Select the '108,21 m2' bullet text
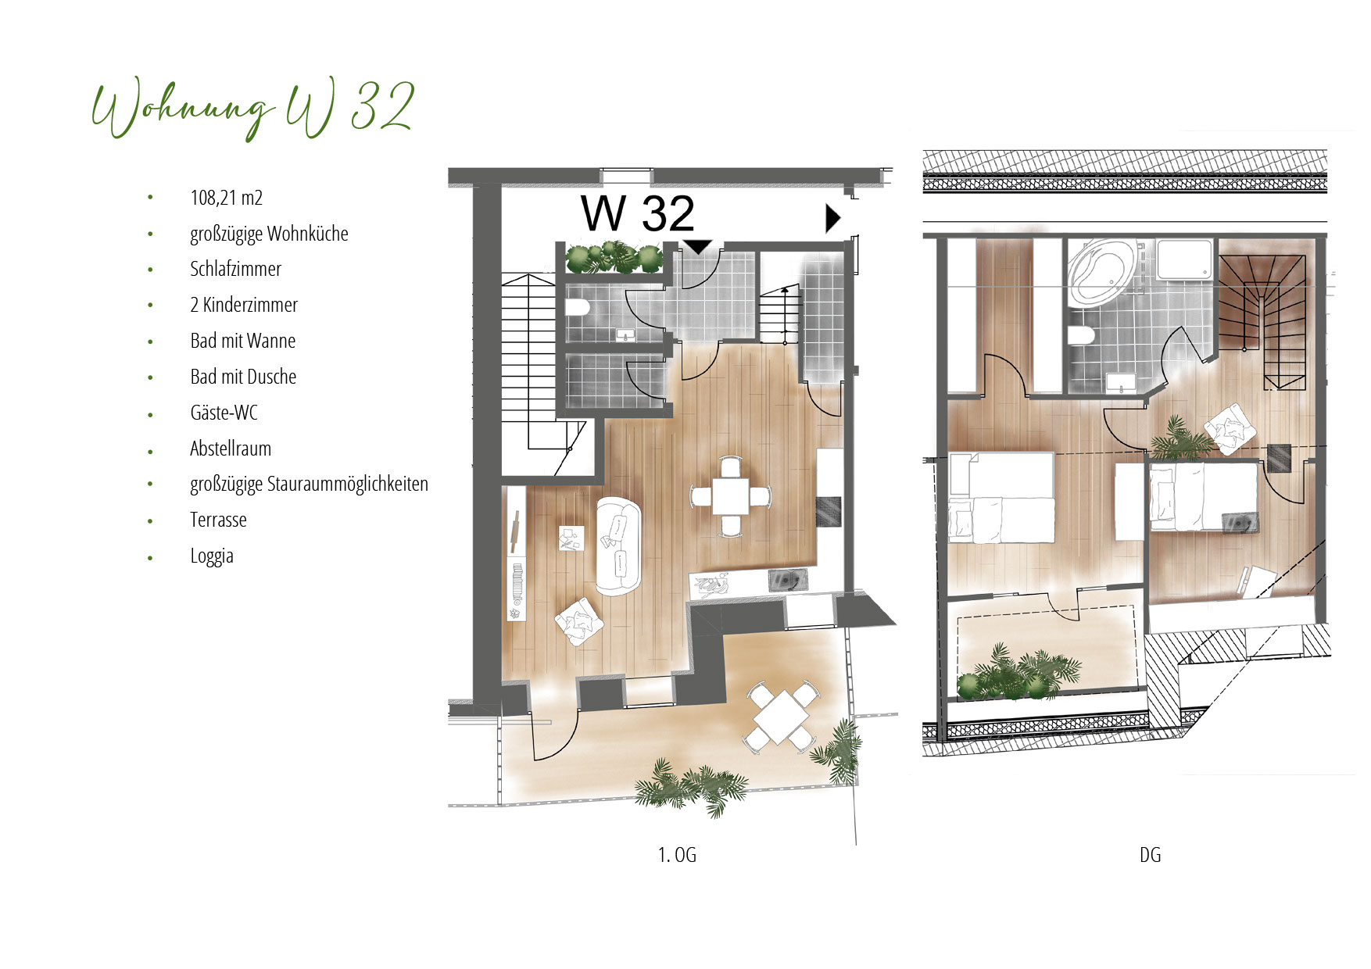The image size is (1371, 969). (226, 198)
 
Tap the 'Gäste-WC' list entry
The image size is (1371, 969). (224, 413)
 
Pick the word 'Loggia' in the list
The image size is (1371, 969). (212, 556)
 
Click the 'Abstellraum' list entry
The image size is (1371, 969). (231, 449)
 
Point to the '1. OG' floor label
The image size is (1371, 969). (677, 855)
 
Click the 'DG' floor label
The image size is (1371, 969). (1150, 855)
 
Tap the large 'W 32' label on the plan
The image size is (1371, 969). (638, 213)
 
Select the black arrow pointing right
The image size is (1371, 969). (833, 219)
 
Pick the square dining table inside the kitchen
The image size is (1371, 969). (731, 496)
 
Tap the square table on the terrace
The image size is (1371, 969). (781, 718)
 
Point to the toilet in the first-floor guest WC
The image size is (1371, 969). (577, 307)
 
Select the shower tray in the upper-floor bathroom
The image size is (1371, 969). (1185, 260)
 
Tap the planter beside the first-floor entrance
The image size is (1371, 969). (614, 258)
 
